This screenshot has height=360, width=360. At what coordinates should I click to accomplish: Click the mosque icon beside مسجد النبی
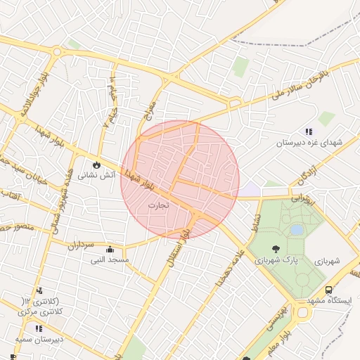pyautogui.click(x=110, y=249)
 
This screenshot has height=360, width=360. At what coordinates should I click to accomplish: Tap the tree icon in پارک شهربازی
pyautogui.click(x=275, y=248)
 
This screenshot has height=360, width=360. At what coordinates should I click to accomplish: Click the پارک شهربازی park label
pyautogui.click(x=276, y=261)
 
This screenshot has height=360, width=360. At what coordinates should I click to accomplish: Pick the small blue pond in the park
pyautogui.click(x=297, y=230)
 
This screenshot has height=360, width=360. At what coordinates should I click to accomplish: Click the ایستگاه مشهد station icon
pyautogui.click(x=329, y=290)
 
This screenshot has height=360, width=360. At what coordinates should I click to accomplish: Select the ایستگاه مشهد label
pyautogui.click(x=333, y=302)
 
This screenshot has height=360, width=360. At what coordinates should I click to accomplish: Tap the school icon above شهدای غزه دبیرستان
pyautogui.click(x=308, y=131)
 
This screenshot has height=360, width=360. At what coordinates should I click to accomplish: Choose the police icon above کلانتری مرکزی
pyautogui.click(x=39, y=290)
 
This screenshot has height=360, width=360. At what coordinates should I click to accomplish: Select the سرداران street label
pyautogui.click(x=81, y=244)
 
